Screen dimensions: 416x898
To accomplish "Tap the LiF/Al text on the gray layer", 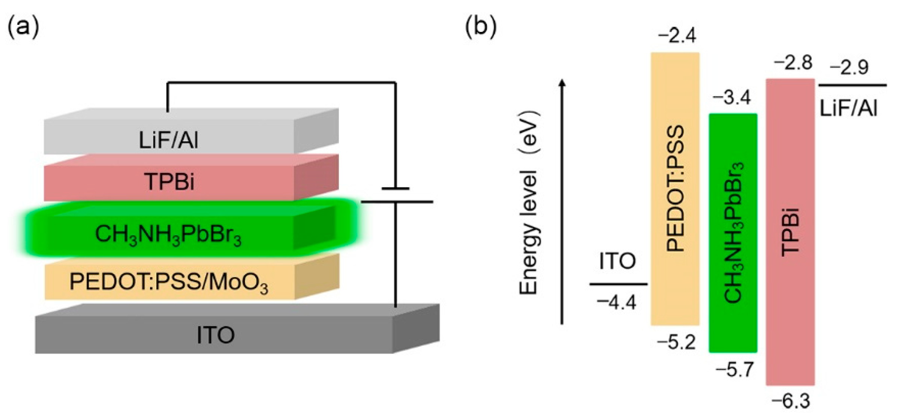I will tap(168, 140).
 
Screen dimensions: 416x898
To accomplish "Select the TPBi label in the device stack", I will tap(169, 182).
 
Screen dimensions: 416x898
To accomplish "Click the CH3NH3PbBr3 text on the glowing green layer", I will tap(168, 234).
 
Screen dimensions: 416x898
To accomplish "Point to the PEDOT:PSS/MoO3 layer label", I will tap(169, 282).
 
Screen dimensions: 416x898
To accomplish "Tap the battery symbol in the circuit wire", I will tap(396, 195).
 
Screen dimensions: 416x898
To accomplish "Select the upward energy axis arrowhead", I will tap(562, 83).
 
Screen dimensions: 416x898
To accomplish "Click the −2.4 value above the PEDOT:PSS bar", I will tap(677, 36).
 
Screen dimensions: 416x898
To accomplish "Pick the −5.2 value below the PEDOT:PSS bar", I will tap(676, 343).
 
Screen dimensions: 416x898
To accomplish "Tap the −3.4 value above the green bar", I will tap(732, 98).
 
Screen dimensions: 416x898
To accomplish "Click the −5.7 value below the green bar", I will tap(735, 370).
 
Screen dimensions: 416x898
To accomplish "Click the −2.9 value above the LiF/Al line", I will tap(850, 68).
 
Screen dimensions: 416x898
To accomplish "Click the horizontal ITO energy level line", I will tap(618, 284).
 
